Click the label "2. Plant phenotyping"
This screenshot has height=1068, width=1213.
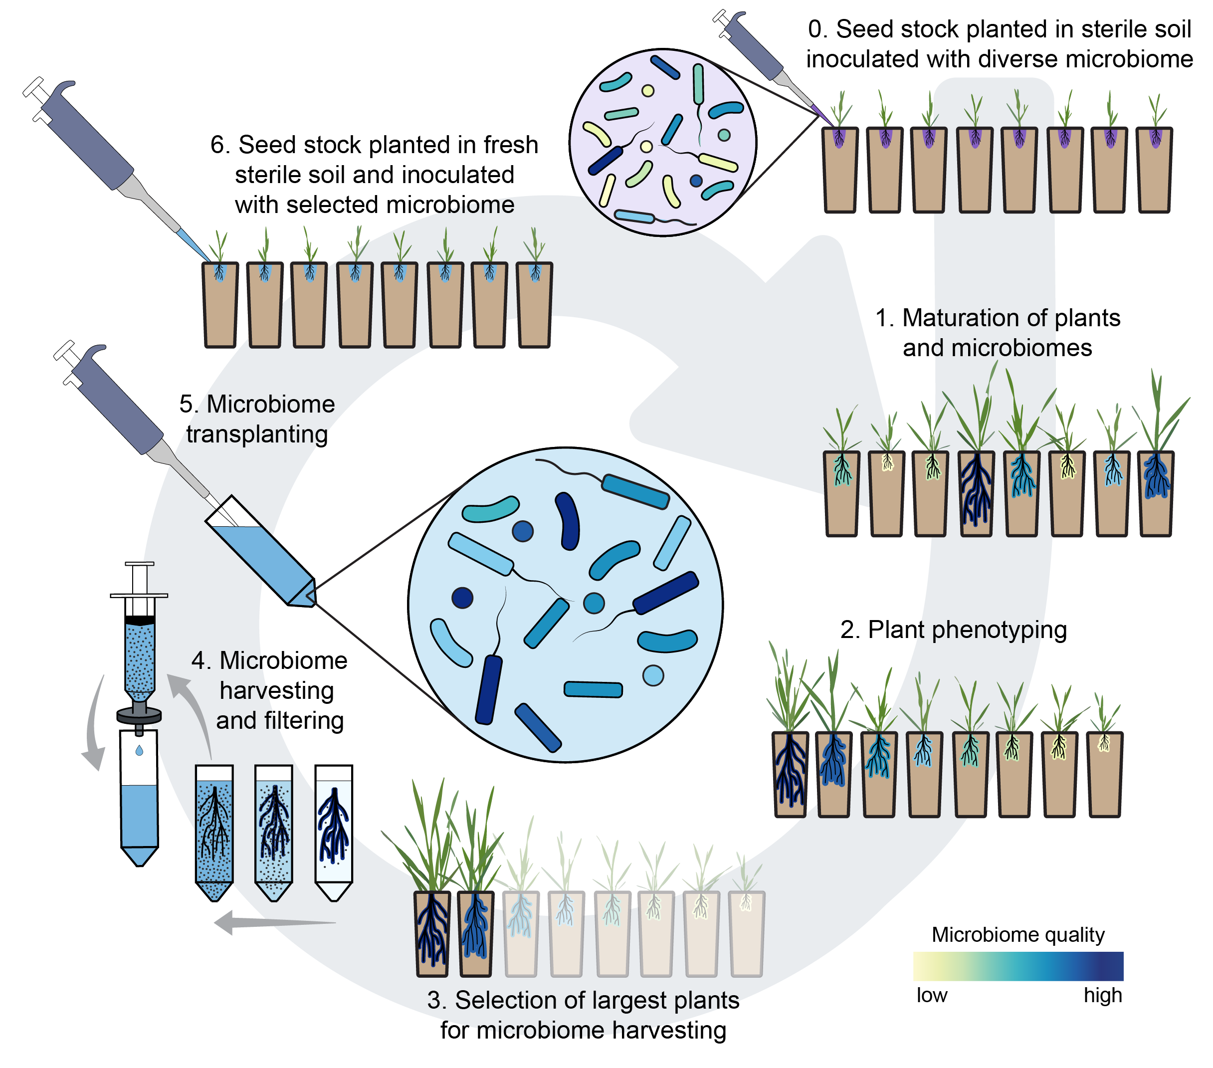[953, 630]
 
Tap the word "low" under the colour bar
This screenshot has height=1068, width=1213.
[932, 995]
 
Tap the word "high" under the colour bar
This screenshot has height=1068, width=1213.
[1103, 995]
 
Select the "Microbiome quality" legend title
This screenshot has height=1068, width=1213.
[1018, 934]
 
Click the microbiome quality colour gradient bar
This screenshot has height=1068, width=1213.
[1018, 966]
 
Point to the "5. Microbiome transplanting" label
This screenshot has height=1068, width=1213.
[257, 419]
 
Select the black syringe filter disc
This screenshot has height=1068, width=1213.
[139, 715]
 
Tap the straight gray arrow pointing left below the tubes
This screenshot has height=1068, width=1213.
[273, 922]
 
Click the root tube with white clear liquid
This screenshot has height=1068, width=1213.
[334, 831]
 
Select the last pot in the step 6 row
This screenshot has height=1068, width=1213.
[535, 306]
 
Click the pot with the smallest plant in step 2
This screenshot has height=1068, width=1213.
[1104, 775]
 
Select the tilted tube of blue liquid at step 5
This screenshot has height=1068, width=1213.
[261, 551]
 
